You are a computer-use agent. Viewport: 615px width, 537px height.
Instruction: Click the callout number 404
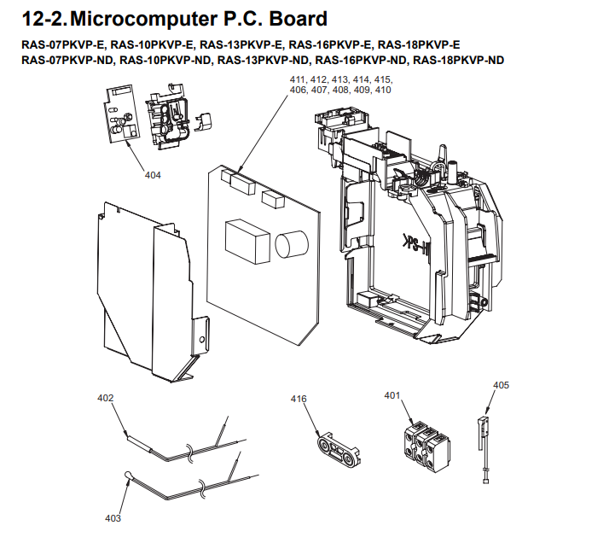(x=153, y=175)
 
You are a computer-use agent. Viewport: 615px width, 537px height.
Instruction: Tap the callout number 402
(x=105, y=398)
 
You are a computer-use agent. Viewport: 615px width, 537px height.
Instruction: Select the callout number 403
(x=113, y=518)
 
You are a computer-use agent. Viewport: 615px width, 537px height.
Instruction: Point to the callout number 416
(x=298, y=400)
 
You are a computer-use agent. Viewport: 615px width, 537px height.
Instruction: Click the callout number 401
(x=392, y=395)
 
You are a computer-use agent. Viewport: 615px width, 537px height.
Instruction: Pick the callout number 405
(x=501, y=385)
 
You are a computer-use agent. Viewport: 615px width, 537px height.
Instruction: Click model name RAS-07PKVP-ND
(x=67, y=60)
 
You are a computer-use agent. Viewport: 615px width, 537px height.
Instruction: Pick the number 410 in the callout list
(x=382, y=90)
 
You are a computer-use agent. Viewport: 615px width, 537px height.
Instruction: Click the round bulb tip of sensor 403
(x=127, y=476)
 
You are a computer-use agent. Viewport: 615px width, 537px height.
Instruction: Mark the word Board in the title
(x=294, y=19)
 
